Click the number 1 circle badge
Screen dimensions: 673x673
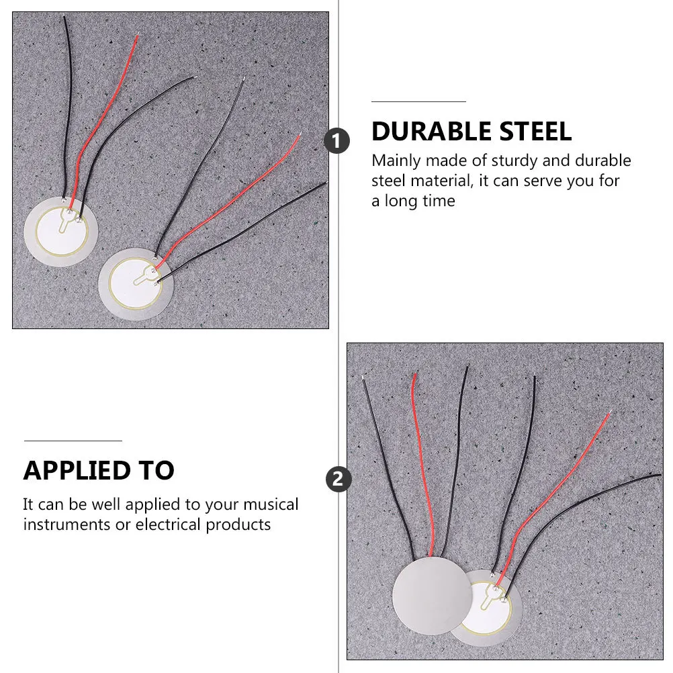point(337,141)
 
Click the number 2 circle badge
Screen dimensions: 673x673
point(338,479)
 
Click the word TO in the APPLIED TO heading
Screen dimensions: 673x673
point(156,471)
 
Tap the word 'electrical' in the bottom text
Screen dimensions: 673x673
point(169,525)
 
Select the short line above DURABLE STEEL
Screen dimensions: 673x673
point(418,101)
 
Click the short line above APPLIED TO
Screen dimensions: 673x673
point(73,441)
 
